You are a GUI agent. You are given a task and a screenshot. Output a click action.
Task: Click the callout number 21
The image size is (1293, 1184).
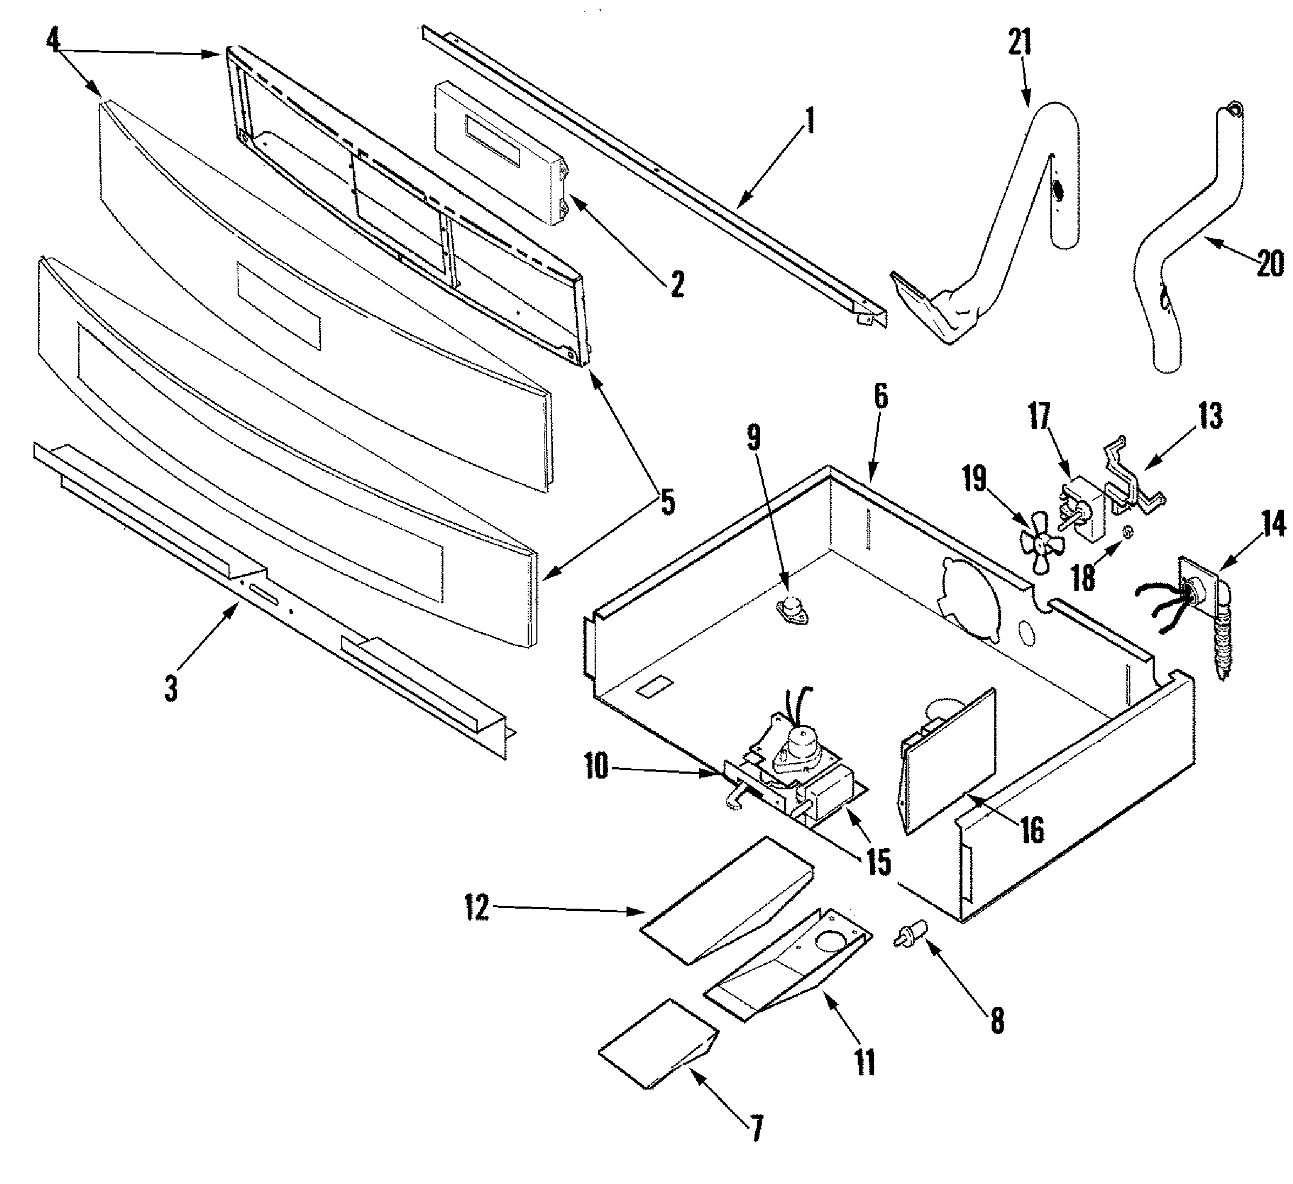[1020, 42]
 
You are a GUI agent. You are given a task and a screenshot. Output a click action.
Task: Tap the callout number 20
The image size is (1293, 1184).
[1269, 263]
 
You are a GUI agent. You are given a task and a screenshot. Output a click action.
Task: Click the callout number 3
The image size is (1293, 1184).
[171, 688]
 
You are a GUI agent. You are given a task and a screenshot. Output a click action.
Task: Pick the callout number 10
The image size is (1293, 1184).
[596, 766]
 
